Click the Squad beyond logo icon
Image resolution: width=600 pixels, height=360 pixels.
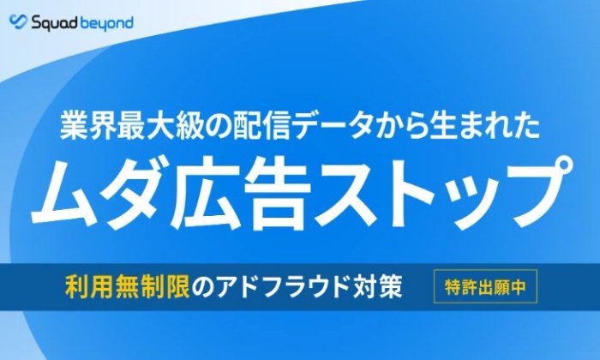point(18,21)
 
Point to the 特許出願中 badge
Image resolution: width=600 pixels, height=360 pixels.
point(485,286)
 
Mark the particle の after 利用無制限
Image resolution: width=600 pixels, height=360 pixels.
point(202,287)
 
